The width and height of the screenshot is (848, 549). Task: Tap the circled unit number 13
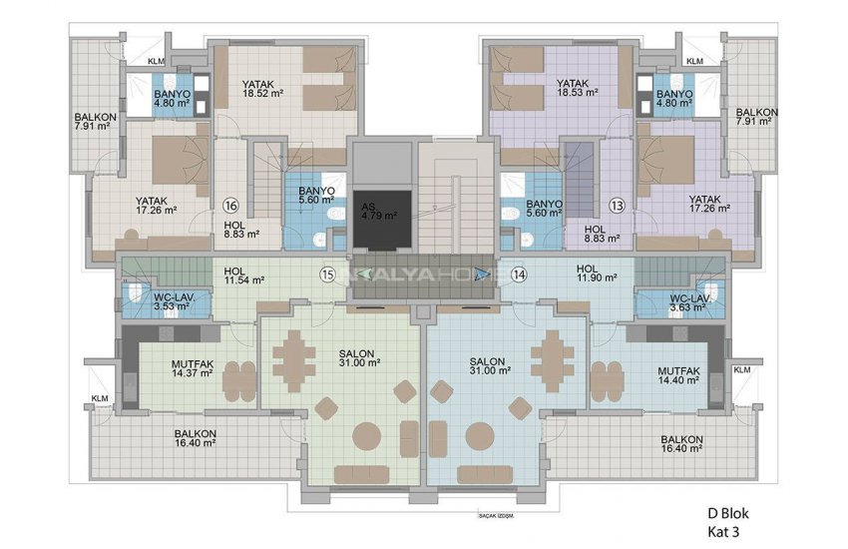[x=619, y=207]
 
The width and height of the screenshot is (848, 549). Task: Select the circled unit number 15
[x=327, y=274]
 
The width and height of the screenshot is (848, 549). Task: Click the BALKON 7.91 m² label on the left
[x=95, y=122]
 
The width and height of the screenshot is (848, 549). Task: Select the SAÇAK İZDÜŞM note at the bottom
[x=495, y=516]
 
